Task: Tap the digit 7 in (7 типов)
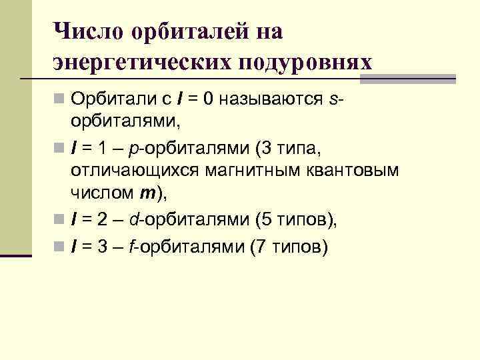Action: [260, 246]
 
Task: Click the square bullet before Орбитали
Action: [59, 101]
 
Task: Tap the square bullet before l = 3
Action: [59, 247]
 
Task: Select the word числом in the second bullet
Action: [101, 194]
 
